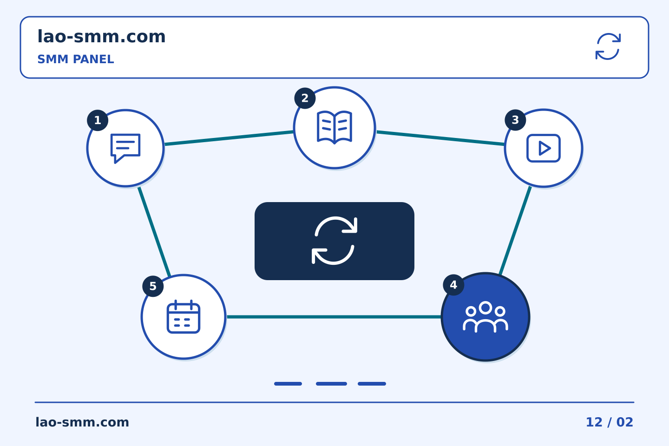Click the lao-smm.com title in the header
[101, 37]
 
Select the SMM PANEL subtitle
[76, 59]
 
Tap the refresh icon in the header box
[608, 46]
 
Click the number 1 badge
[98, 120]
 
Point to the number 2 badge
[305, 98]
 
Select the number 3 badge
[516, 120]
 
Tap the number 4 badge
[453, 285]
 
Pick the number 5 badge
[153, 286]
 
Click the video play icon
[544, 148]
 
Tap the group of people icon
[485, 317]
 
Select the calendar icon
[184, 317]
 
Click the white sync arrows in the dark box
[334, 241]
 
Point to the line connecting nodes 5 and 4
[334, 317]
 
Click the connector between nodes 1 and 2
[229, 138]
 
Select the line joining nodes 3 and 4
[515, 230]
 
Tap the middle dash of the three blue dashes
[332, 384]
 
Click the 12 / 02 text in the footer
[610, 422]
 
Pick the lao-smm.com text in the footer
[82, 422]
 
